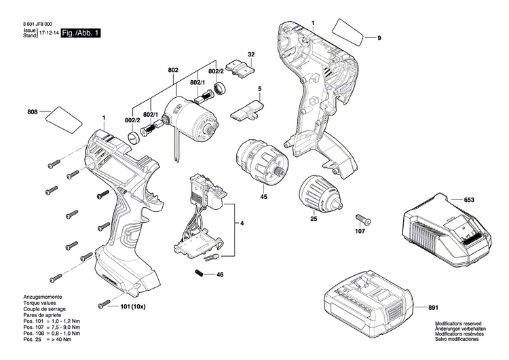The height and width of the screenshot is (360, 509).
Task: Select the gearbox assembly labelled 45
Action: [262, 162]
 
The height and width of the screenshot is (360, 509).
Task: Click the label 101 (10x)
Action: [134, 306]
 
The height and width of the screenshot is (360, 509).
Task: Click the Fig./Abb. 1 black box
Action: [80, 33]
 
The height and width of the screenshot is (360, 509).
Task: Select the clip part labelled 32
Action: [242, 68]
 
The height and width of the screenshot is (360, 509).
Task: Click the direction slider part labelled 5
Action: [252, 109]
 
